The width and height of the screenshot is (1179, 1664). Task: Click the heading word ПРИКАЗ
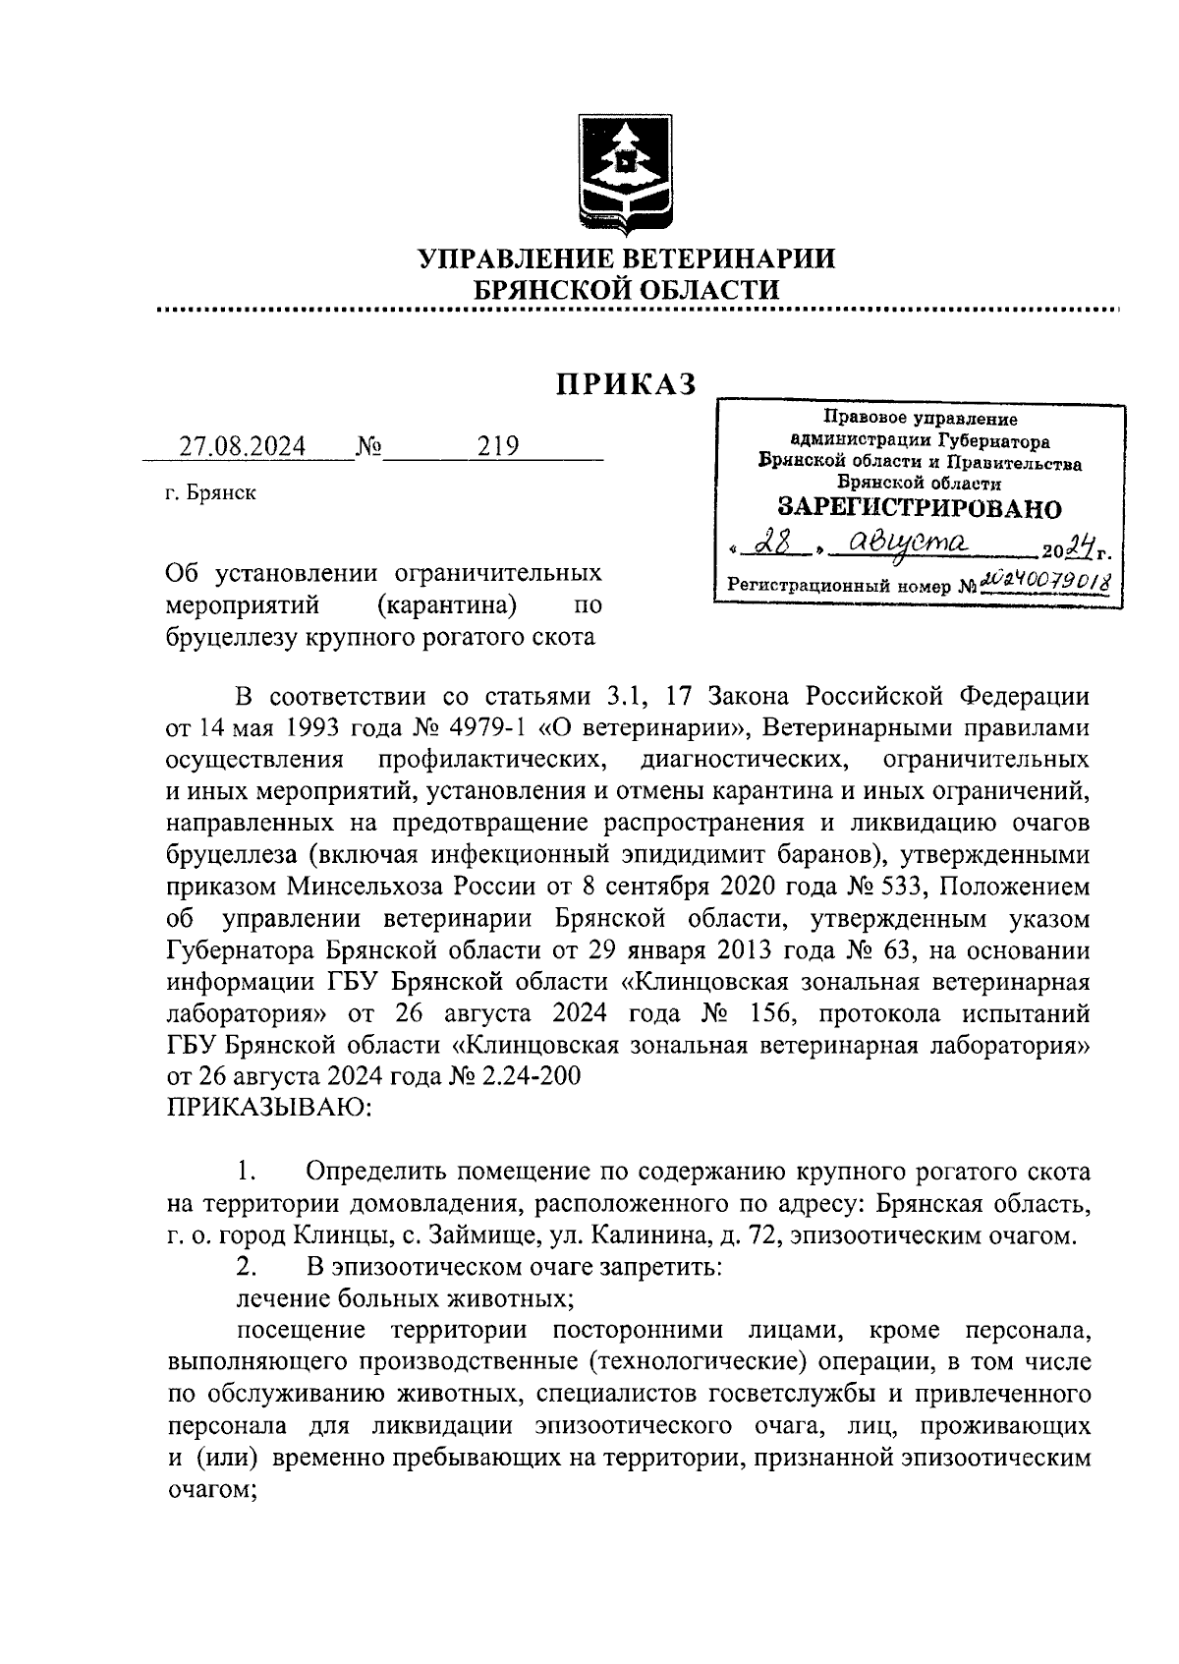(627, 384)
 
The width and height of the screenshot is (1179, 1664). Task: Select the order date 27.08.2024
(242, 447)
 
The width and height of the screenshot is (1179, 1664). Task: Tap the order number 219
(498, 447)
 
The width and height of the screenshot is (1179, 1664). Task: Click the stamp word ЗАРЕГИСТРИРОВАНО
(920, 508)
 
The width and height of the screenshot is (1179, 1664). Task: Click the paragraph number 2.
(247, 1267)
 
